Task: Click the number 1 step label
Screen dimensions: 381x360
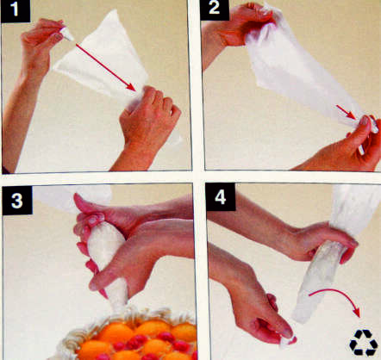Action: (x=16, y=11)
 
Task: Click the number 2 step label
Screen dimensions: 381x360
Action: (x=215, y=9)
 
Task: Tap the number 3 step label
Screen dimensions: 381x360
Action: (x=17, y=200)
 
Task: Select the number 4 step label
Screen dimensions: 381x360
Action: (x=221, y=197)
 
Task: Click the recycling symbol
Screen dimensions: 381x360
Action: (x=364, y=343)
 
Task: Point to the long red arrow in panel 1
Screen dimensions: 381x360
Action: (x=106, y=68)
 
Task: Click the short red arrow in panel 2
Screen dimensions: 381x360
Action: (x=347, y=112)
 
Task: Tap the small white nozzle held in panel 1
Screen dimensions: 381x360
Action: (x=67, y=34)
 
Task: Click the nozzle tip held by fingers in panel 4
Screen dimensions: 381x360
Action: (x=288, y=341)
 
